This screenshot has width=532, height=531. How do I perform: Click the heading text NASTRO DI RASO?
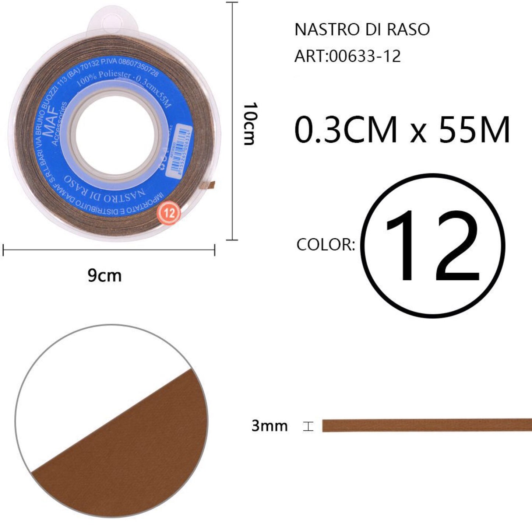[x=362, y=30]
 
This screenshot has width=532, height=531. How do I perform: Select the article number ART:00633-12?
[x=347, y=57]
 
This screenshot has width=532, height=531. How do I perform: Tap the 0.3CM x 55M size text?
[x=402, y=130]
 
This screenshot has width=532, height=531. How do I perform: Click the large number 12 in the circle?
[x=432, y=246]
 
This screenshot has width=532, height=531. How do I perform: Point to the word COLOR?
[x=325, y=245]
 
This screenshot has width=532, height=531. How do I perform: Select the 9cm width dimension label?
[x=105, y=276]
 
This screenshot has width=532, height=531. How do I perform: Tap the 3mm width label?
[x=269, y=426]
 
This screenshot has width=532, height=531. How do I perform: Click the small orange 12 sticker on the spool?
[x=169, y=213]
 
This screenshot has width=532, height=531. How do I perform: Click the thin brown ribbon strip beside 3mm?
[x=427, y=425]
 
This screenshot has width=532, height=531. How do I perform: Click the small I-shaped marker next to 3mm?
[x=308, y=426]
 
